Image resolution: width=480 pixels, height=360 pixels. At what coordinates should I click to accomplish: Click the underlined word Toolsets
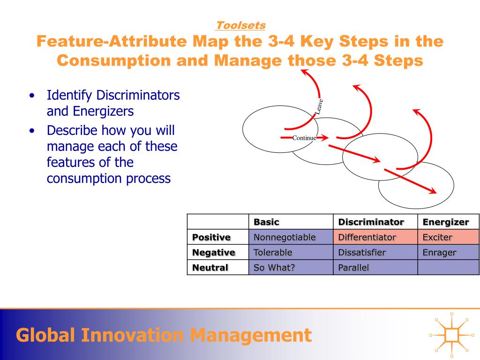[x=240, y=25]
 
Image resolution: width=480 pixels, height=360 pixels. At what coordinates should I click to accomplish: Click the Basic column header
[x=266, y=222]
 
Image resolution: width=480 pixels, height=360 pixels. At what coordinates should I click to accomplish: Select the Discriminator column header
[x=371, y=222]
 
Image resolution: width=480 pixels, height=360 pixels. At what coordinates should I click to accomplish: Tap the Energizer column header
[x=446, y=222]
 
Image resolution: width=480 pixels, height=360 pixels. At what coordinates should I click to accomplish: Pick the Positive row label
[x=211, y=237]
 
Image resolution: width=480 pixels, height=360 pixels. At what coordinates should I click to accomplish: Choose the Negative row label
[x=214, y=253]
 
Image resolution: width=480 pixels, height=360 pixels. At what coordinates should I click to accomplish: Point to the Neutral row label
[x=210, y=268]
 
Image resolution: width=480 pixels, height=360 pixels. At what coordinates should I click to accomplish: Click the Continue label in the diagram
[x=304, y=138]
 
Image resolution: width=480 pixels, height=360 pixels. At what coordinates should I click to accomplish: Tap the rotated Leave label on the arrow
[x=319, y=106]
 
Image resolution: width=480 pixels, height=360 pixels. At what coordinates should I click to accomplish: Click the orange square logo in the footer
[x=451, y=335]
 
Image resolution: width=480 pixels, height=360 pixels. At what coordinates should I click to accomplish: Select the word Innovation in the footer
[x=132, y=335]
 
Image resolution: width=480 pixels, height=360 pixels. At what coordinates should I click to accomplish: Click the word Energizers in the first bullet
[x=103, y=112]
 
